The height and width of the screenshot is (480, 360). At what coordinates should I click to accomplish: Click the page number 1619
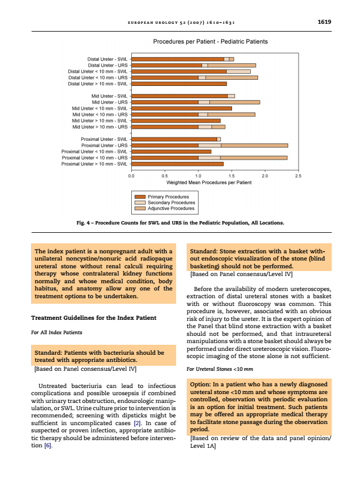pyautogui.click(x=324, y=22)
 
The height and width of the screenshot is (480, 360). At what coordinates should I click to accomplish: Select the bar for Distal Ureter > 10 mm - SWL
pyautogui.click(x=179, y=84)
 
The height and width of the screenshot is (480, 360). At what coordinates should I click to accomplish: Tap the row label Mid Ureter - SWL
pyautogui.click(x=109, y=96)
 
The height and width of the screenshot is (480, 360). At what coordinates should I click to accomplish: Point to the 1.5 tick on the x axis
pyautogui.click(x=232, y=176)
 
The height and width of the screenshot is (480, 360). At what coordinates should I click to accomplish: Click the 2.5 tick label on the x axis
pyautogui.click(x=298, y=176)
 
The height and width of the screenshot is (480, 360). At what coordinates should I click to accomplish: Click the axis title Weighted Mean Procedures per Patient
pyautogui.click(x=209, y=182)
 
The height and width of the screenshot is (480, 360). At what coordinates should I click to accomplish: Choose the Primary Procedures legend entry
pyautogui.click(x=168, y=197)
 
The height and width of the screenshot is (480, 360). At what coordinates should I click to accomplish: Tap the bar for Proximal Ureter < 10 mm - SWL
pyautogui.click(x=171, y=151)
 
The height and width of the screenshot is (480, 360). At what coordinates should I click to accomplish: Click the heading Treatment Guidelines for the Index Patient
pyautogui.click(x=94, y=318)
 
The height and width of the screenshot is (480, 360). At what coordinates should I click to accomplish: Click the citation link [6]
pyautogui.click(x=48, y=446)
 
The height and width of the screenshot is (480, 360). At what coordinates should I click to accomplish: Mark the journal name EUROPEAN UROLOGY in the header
pyautogui.click(x=151, y=22)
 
